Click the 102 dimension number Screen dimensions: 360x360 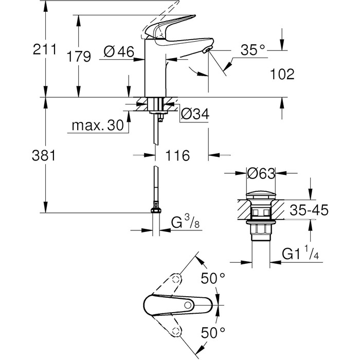(282, 75)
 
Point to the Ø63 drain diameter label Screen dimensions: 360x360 (260, 174)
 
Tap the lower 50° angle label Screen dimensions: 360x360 (212, 332)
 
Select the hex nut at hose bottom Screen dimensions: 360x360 (155, 210)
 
